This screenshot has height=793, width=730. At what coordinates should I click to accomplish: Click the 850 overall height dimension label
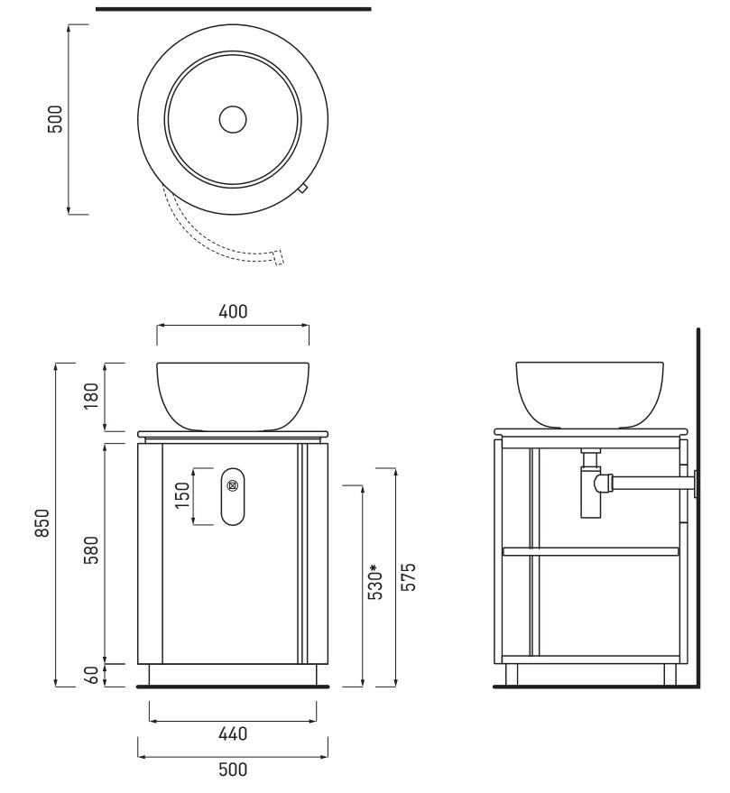[x=42, y=523]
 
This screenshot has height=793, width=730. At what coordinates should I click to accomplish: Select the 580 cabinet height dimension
[x=91, y=550]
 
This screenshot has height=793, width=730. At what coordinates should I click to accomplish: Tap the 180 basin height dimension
[x=91, y=396]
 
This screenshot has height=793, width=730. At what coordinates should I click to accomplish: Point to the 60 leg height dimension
[x=91, y=675]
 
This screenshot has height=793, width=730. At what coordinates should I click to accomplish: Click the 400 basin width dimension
[x=233, y=311]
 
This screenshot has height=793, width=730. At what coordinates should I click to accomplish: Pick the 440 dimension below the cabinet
[x=233, y=733]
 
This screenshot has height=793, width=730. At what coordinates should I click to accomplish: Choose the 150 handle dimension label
[x=181, y=495]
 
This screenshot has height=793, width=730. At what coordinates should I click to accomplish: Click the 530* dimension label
[x=375, y=582]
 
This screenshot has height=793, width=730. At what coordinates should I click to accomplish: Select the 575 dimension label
[x=408, y=576]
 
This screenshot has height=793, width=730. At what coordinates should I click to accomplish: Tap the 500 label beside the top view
[x=55, y=119]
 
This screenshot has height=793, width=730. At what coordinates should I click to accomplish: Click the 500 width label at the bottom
[x=233, y=770]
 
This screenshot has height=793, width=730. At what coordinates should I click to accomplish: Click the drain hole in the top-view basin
[x=233, y=120]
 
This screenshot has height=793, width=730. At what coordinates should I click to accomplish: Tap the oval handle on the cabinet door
[x=233, y=496]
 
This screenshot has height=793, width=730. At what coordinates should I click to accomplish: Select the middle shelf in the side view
[x=590, y=551]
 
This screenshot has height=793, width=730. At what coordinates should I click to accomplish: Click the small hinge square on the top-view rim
[x=302, y=189]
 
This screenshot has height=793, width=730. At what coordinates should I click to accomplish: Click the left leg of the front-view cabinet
[x=155, y=675]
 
